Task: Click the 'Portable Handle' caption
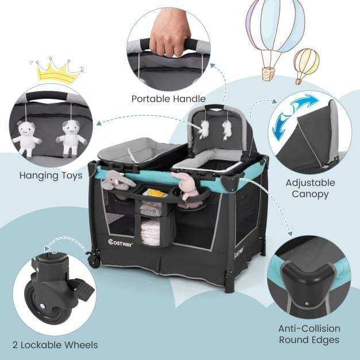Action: point(169,99)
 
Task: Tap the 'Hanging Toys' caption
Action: point(51,176)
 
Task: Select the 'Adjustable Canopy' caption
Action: point(311,188)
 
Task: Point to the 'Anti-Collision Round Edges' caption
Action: point(309,334)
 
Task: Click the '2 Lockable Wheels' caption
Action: point(55,345)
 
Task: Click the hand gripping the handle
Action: point(171,32)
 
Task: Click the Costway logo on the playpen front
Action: point(121,243)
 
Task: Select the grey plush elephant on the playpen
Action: point(118,180)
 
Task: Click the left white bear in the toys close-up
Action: point(26,138)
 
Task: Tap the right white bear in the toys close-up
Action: point(71,138)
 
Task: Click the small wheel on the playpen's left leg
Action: point(93,261)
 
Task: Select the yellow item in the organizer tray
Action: point(156,193)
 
